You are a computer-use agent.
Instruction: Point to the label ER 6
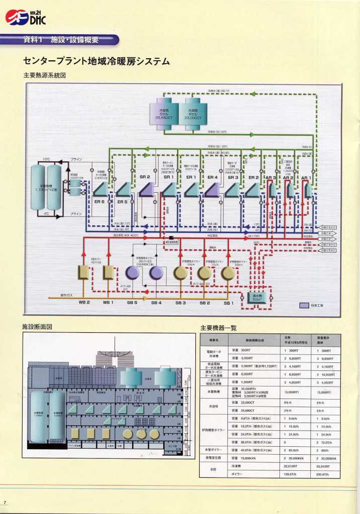(99, 201)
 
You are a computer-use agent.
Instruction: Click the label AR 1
(305, 178)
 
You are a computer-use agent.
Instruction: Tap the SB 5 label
(132, 303)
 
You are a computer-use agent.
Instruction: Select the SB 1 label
(229, 303)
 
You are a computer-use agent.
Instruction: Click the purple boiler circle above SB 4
(156, 273)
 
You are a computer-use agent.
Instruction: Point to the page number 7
(5, 502)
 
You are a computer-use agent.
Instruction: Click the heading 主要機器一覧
(218, 328)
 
